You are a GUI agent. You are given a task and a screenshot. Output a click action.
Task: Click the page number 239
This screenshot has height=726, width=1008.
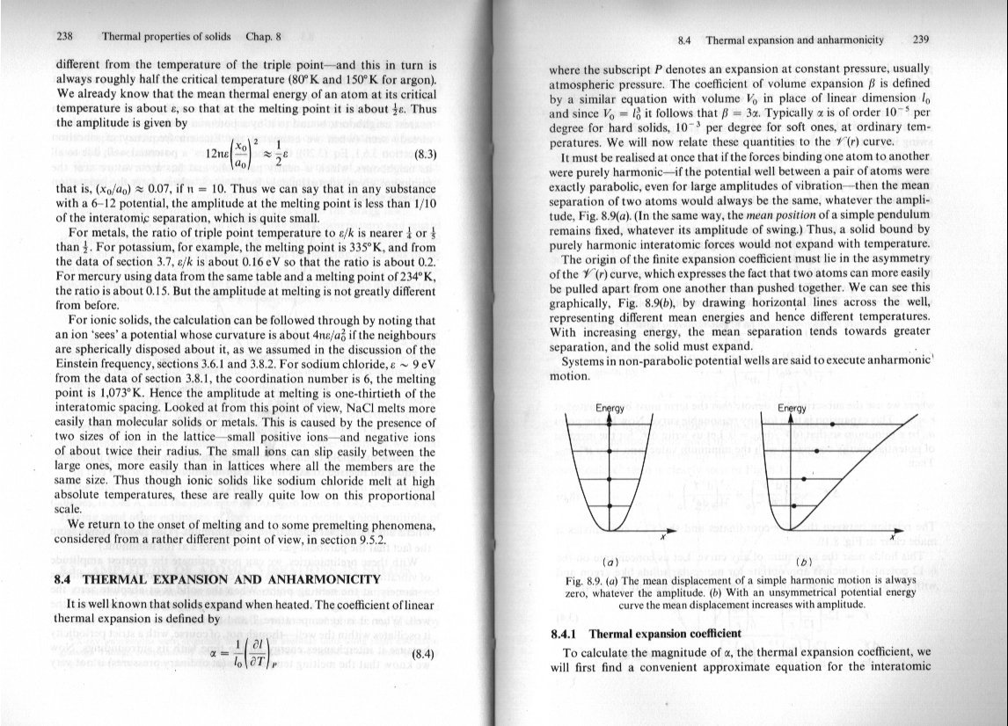(922, 40)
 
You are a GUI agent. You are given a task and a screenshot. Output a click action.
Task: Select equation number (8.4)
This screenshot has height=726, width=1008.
(424, 654)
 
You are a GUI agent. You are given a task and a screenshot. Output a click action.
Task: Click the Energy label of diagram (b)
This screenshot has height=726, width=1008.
(793, 409)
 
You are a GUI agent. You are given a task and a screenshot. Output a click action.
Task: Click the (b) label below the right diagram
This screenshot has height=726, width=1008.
(801, 561)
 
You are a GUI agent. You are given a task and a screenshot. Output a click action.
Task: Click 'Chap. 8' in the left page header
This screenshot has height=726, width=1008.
(264, 37)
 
